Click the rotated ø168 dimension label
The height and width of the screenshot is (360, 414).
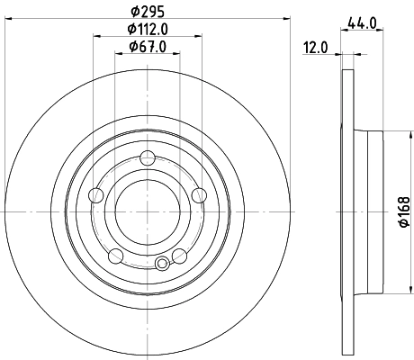pos(405,211)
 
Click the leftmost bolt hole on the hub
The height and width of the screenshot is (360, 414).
pos(96,194)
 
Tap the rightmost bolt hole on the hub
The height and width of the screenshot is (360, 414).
pos(199,194)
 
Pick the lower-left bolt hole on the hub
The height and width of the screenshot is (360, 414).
pos(115,256)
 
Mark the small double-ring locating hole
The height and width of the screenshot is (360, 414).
pos(162,264)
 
